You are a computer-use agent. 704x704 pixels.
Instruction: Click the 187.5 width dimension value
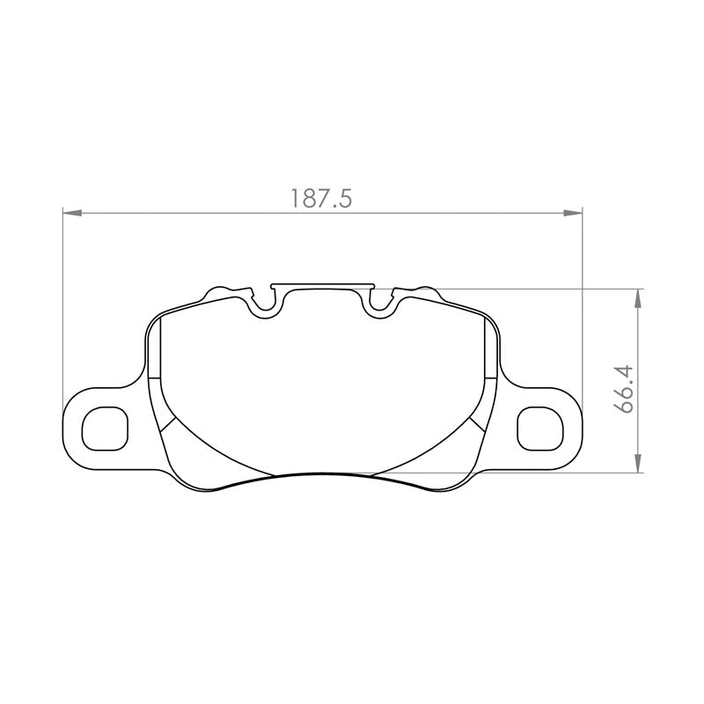pyautogui.click(x=321, y=199)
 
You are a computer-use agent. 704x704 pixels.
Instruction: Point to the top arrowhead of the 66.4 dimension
pyautogui.click(x=637, y=297)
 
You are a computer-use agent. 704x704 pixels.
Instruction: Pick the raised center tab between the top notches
pyautogui.click(x=323, y=285)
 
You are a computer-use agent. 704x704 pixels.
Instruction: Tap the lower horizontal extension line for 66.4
pyautogui.click(x=528, y=473)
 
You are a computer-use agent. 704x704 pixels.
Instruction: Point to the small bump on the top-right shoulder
pyautogui.click(x=425, y=290)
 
